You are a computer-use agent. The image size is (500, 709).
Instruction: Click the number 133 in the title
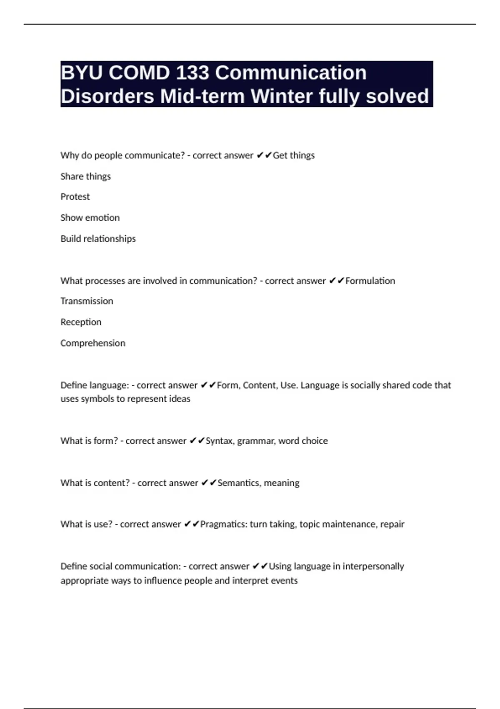[x=192, y=73]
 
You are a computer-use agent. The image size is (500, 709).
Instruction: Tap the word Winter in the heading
[x=282, y=96]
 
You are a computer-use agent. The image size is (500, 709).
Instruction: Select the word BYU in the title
[x=82, y=73]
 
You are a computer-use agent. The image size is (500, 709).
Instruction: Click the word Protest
[x=75, y=197]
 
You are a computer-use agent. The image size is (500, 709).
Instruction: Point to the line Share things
[x=85, y=176]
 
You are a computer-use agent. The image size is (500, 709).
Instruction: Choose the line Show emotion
[x=90, y=218]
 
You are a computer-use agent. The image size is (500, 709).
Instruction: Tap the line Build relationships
[x=98, y=239]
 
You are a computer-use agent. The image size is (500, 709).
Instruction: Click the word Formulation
[x=370, y=281]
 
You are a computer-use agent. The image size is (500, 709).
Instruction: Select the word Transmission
[x=87, y=301]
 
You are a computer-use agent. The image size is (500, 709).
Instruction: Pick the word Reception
[x=81, y=322]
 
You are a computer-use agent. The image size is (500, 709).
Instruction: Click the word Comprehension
[x=92, y=343]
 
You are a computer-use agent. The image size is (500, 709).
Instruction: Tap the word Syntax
[x=219, y=441]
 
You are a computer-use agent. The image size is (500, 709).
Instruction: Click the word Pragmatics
[x=223, y=524]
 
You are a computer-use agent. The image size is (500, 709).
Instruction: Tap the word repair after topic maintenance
[x=392, y=524]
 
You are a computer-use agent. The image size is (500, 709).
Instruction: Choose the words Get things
[x=294, y=156]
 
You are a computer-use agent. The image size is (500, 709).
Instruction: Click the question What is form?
[x=89, y=441]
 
